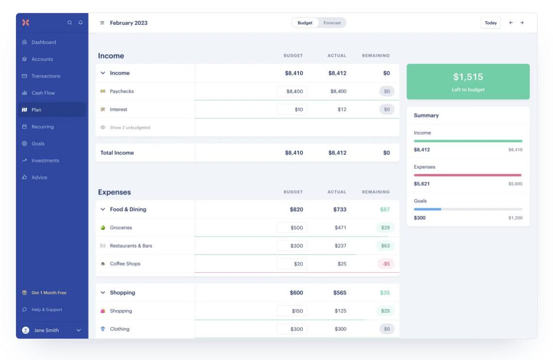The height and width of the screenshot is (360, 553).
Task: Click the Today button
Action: (x=490, y=23)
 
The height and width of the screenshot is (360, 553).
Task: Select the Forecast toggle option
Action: (x=332, y=23)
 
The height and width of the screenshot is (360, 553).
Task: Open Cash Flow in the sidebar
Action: (x=43, y=93)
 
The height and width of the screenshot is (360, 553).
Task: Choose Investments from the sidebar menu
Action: (x=45, y=161)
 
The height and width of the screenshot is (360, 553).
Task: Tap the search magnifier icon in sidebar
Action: (x=70, y=22)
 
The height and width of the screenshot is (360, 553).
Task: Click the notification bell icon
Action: (x=81, y=22)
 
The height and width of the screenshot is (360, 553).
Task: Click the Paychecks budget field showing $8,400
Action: (x=292, y=91)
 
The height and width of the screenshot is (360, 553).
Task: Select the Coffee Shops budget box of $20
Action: (x=292, y=264)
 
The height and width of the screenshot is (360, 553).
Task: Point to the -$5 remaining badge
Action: (x=386, y=264)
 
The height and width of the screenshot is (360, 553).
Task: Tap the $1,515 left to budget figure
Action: (x=468, y=77)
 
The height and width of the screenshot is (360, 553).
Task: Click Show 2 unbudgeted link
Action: (x=130, y=128)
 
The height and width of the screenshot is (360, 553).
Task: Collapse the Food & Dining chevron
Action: (x=103, y=210)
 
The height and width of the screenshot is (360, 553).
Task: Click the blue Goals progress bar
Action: (x=427, y=209)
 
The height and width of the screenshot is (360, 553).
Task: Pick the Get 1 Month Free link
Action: (x=49, y=293)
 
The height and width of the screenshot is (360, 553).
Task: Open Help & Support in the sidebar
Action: (x=47, y=310)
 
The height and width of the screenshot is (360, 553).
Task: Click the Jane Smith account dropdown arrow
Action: (x=79, y=330)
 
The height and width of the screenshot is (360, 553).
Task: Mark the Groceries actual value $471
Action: (x=340, y=228)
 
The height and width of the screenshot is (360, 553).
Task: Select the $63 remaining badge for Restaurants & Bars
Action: (x=386, y=245)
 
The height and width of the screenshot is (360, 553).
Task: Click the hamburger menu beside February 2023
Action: (x=102, y=23)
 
